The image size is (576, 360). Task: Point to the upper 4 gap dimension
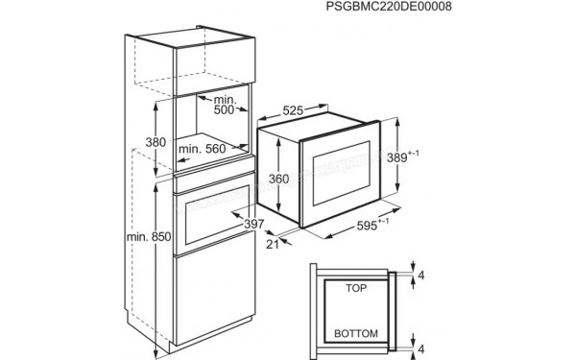421,275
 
